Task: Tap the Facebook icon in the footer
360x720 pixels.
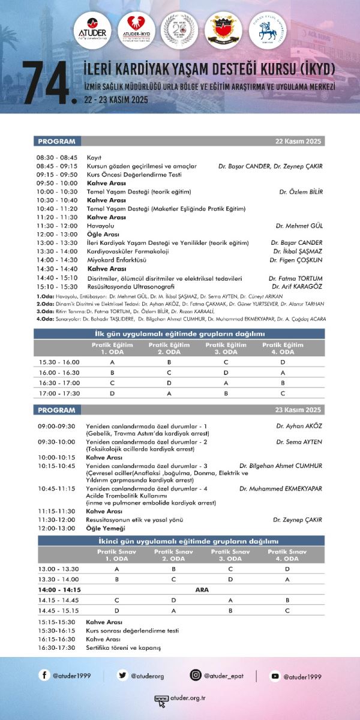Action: point(44,676)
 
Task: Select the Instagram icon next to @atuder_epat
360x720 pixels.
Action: point(196,676)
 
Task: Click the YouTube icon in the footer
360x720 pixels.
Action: point(275,676)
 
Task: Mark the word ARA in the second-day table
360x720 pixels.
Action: point(202,590)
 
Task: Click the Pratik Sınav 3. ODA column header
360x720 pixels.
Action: point(230,554)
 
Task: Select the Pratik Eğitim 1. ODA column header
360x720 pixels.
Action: point(112,348)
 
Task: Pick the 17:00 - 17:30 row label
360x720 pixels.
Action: point(59,393)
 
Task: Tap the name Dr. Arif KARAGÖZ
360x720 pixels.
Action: point(297,287)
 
